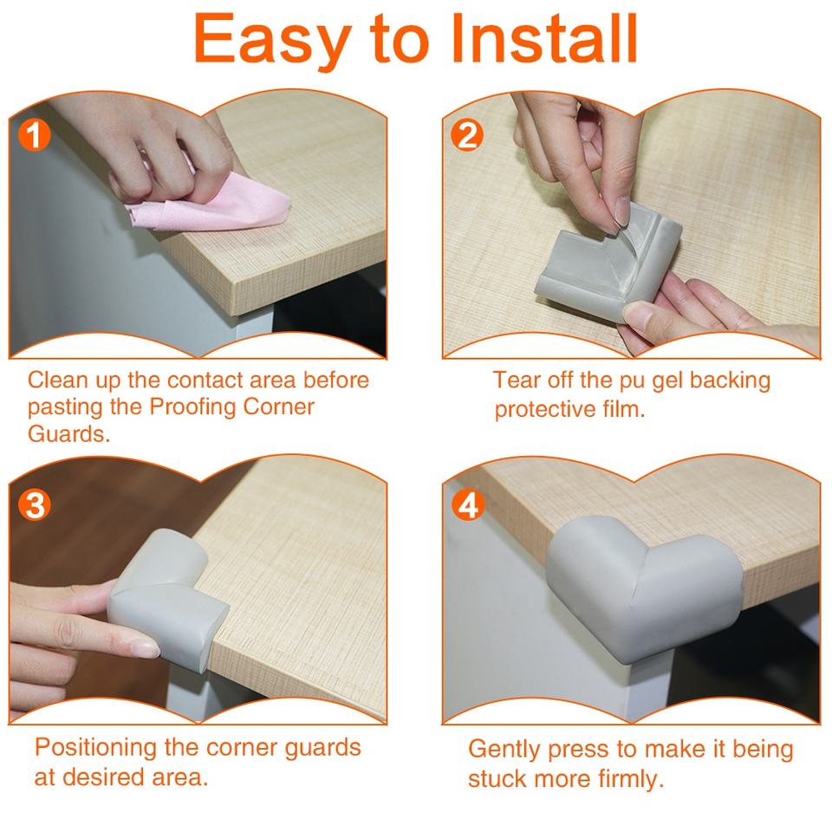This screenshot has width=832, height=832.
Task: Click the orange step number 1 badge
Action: [x=35, y=135]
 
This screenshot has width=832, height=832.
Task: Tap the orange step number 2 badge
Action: [x=467, y=135]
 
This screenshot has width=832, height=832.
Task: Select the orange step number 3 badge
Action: [x=35, y=505]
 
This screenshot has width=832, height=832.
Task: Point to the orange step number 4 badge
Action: [x=468, y=505]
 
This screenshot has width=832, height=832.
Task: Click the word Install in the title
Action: [x=543, y=38]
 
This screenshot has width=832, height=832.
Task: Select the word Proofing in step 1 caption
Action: [x=192, y=407]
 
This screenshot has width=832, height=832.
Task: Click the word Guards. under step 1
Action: [x=69, y=434]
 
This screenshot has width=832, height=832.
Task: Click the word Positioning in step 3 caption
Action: [x=96, y=748]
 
